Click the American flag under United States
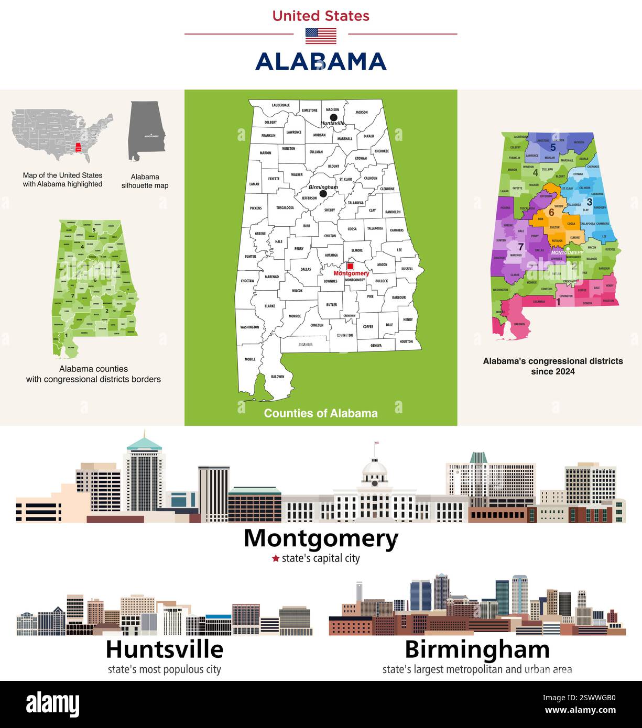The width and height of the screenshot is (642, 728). tap(321, 36)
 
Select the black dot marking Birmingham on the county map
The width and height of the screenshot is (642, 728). tap(323, 194)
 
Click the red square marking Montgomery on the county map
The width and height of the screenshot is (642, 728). tap(350, 267)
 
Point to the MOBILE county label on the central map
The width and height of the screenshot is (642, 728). tap(250, 359)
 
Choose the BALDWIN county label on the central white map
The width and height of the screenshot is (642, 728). tap(278, 377)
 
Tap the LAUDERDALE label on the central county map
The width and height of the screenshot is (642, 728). tap(280, 105)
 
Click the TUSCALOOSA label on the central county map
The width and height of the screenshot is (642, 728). tap(285, 207)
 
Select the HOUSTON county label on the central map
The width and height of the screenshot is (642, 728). tap(406, 341)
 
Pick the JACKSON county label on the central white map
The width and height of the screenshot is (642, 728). tap(362, 112)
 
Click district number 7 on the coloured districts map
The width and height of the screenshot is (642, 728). tap(520, 247)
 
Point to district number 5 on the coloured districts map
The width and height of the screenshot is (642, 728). tap(553, 148)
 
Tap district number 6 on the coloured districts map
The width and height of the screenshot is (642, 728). tap(551, 213)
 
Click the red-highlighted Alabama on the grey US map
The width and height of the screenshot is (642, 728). tap(78, 148)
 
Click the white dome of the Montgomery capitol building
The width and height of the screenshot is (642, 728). tap(375, 468)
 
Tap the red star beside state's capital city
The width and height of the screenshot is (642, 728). tap(275, 558)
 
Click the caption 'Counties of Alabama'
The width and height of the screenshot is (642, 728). tap(321, 413)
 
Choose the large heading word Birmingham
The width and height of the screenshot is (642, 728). tap(477, 650)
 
